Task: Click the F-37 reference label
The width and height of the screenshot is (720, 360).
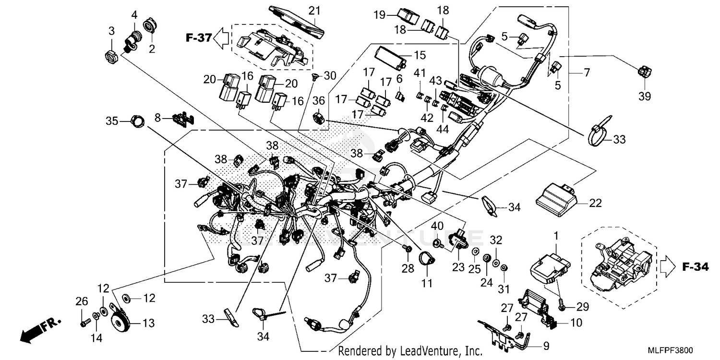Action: [198, 37]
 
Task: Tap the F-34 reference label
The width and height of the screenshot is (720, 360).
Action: [695, 267]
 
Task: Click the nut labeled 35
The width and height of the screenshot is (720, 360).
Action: [137, 121]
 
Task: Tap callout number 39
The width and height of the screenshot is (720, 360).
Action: [645, 96]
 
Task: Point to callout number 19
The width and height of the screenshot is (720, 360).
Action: [380, 15]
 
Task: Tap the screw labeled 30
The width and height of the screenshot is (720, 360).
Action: [316, 76]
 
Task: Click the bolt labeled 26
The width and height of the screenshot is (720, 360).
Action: [84, 323]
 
